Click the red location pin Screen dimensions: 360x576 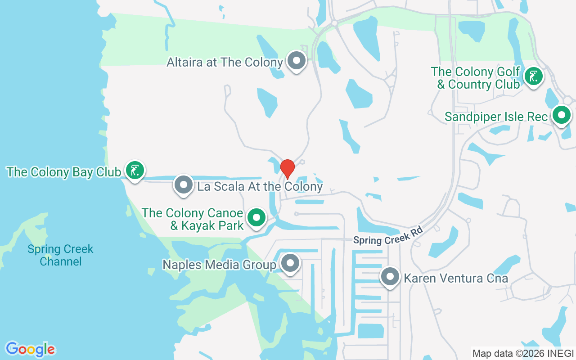[x=288, y=169]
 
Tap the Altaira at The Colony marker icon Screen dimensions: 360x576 [x=297, y=60]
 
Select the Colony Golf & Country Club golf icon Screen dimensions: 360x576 [x=533, y=76]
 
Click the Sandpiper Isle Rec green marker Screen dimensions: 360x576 [x=561, y=115]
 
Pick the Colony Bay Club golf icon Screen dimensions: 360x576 [x=135, y=171]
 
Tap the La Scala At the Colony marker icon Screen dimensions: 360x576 [x=184, y=184]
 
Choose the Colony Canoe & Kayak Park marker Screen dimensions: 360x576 [x=256, y=218]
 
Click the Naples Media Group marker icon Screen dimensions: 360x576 [x=290, y=263]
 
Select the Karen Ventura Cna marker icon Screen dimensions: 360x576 [x=390, y=277]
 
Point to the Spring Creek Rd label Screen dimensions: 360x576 [x=388, y=238]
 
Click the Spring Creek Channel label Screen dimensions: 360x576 [x=60, y=255]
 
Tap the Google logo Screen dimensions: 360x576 [x=30, y=349]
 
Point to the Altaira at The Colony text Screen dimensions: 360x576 [x=225, y=62]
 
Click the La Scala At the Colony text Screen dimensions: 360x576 [x=260, y=186]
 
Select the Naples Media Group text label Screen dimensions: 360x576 [x=219, y=265]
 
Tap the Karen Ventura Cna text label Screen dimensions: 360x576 [x=456, y=278]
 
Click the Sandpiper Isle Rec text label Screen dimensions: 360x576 [x=496, y=117]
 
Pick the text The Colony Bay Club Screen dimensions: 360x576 [x=63, y=172]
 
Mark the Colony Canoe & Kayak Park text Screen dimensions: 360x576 [x=193, y=219]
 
